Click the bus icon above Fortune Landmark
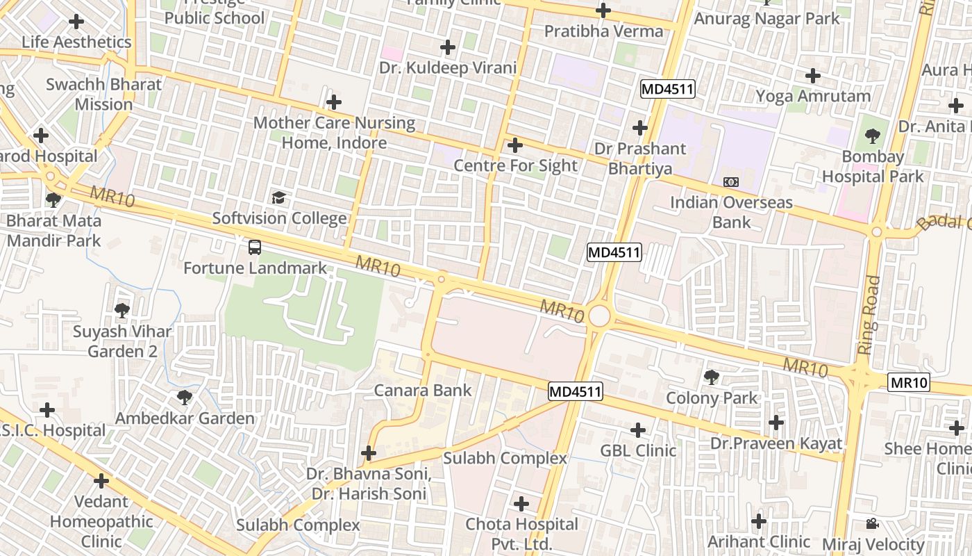(x=255, y=247)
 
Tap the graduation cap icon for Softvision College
(x=278, y=198)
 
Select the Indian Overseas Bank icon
(x=730, y=182)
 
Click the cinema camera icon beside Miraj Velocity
(x=872, y=524)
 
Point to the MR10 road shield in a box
(x=909, y=382)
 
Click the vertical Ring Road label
(x=869, y=316)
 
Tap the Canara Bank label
(x=423, y=391)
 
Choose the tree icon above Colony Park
(x=711, y=377)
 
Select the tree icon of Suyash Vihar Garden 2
(x=122, y=310)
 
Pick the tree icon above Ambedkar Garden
(x=184, y=398)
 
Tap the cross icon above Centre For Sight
(x=514, y=145)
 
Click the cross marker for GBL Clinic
(x=637, y=430)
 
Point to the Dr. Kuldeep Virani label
(x=448, y=67)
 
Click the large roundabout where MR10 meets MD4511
(x=598, y=317)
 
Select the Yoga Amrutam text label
(x=812, y=96)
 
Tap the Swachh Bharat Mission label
(x=103, y=95)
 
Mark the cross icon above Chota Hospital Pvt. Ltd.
(x=521, y=504)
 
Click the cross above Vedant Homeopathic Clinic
(x=101, y=480)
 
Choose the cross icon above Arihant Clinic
(x=759, y=521)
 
